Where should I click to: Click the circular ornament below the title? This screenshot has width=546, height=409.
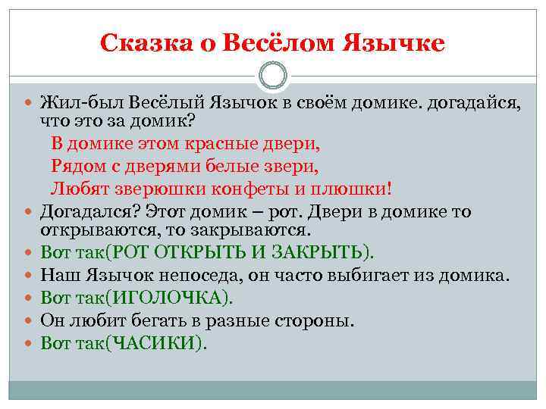272,76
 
